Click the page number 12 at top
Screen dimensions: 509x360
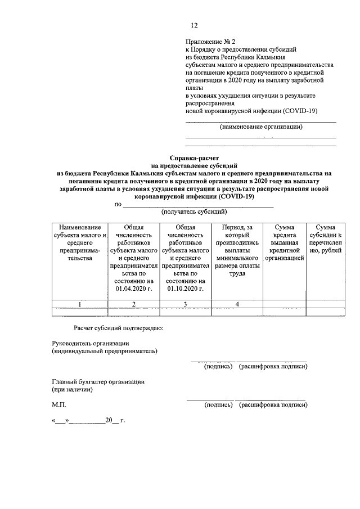(194, 25)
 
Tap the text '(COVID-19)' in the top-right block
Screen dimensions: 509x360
(301, 111)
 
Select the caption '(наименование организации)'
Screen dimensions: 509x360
(261, 127)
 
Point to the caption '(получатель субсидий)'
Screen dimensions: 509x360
(194, 212)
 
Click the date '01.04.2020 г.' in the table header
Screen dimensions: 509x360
(134, 289)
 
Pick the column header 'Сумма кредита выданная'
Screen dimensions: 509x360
(285, 242)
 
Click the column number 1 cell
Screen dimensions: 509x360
(79, 304)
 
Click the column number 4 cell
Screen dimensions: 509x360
(237, 304)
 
